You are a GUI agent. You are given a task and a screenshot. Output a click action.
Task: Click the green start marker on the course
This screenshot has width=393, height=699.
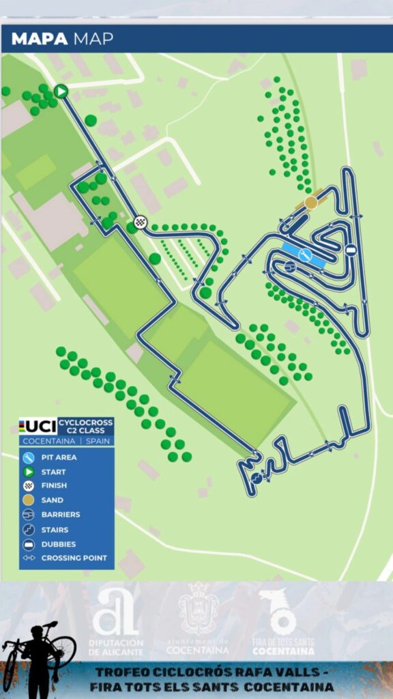(61, 91)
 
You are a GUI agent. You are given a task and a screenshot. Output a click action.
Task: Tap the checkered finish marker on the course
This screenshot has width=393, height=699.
(141, 221)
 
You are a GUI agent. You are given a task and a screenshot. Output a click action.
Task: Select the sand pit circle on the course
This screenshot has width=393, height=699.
(311, 202)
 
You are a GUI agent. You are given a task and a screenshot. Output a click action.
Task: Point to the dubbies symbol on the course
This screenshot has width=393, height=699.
(350, 250)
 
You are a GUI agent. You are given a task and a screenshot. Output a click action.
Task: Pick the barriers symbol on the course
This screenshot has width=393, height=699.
(289, 266)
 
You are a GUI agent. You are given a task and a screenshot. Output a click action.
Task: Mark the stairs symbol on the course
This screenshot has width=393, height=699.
(257, 478)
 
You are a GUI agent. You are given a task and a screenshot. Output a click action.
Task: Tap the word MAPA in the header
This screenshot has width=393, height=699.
(40, 39)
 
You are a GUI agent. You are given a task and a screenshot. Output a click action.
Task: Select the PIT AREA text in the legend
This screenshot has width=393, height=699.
(59, 457)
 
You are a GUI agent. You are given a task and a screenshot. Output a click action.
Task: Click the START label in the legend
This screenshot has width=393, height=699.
(53, 472)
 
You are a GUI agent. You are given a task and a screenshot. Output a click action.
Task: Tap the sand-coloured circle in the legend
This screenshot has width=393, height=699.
(29, 500)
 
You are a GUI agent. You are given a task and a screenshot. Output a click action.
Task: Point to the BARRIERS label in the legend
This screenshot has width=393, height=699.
(61, 515)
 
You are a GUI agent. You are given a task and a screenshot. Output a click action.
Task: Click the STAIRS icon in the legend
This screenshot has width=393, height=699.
(29, 529)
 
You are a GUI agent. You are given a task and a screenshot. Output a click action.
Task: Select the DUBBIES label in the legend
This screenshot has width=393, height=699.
(59, 544)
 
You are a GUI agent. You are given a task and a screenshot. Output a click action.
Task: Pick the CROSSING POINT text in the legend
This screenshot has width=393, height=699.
(74, 558)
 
